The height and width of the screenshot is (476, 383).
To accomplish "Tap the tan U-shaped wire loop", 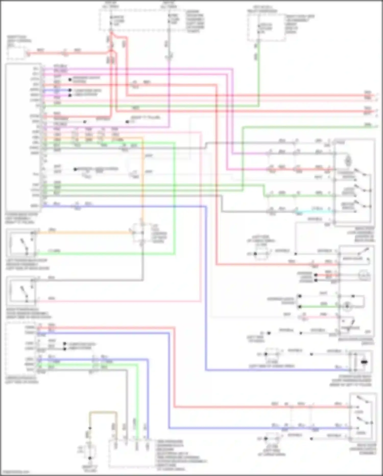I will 103,412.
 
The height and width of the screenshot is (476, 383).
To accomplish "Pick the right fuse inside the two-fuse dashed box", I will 169,19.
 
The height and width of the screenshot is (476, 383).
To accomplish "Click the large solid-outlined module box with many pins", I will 23,137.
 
